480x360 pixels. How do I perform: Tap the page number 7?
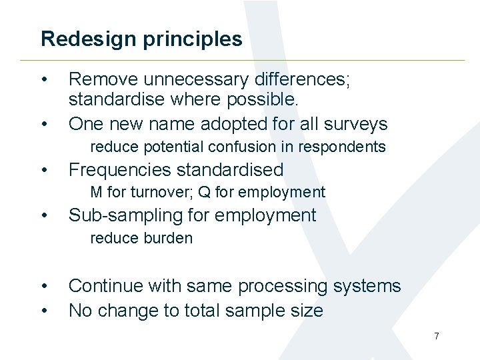coord(437,336)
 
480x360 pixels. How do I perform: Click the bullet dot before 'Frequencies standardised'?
coord(43,171)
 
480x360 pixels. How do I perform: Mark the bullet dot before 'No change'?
coord(43,311)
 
